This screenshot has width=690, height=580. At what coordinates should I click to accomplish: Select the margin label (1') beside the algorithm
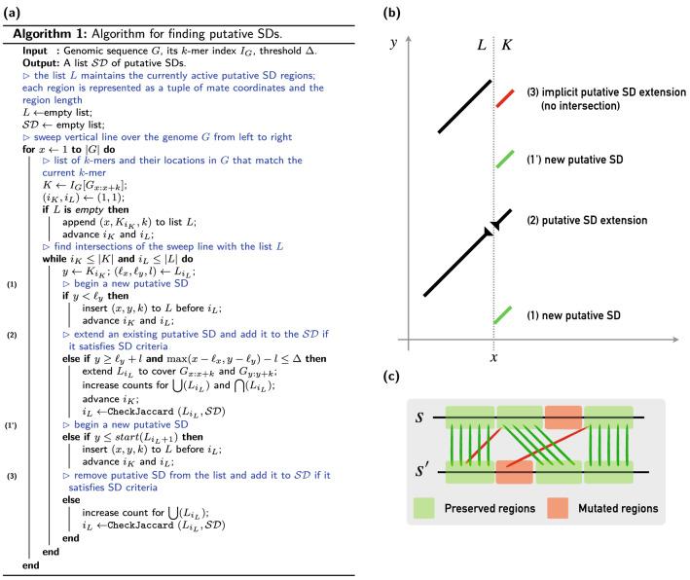pos(12,425)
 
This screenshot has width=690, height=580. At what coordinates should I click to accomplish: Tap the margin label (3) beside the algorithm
pos(12,475)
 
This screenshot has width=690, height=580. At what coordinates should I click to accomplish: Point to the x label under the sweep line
pos(494,358)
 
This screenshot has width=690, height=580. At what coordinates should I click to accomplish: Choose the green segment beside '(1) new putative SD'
pos(504,315)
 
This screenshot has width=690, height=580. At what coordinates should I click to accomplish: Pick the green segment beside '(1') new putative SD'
pos(504,159)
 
